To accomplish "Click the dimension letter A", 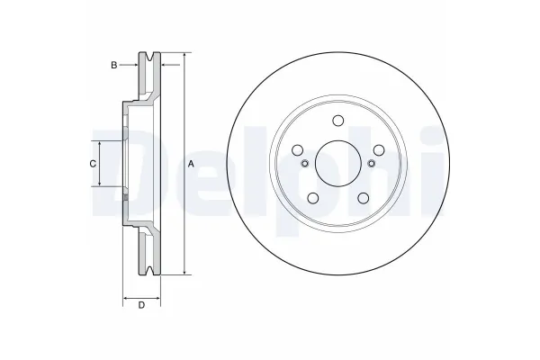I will point(191,164).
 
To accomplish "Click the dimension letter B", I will point(114,65).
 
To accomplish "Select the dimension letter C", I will point(92,164).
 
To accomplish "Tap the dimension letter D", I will point(141,307).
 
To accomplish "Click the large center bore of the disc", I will point(337,163).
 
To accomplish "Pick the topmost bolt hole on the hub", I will point(337,122).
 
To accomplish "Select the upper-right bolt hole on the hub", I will point(376,150).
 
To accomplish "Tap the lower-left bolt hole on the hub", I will point(314,198).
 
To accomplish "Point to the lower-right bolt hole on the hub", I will point(361,198).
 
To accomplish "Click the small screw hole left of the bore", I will point(304,164).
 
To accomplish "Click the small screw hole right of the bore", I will point(371,164).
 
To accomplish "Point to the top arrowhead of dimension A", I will point(184,56).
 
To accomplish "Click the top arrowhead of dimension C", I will point(100,144).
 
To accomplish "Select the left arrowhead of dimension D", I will point(124,296).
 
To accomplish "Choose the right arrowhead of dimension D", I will point(159,296).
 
